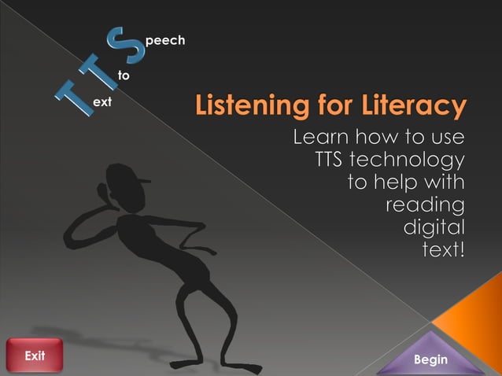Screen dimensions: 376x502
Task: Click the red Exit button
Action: [34, 356]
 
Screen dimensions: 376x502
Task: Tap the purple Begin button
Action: [430, 359]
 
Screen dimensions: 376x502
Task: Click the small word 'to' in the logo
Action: [124, 76]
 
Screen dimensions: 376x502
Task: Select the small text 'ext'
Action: [102, 103]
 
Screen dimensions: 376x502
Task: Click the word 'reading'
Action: [424, 205]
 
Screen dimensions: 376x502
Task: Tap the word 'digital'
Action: [434, 228]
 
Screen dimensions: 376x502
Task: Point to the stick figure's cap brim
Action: [142, 182]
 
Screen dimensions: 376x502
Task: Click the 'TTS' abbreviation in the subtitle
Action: [331, 160]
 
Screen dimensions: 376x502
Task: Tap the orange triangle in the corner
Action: [472, 315]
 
